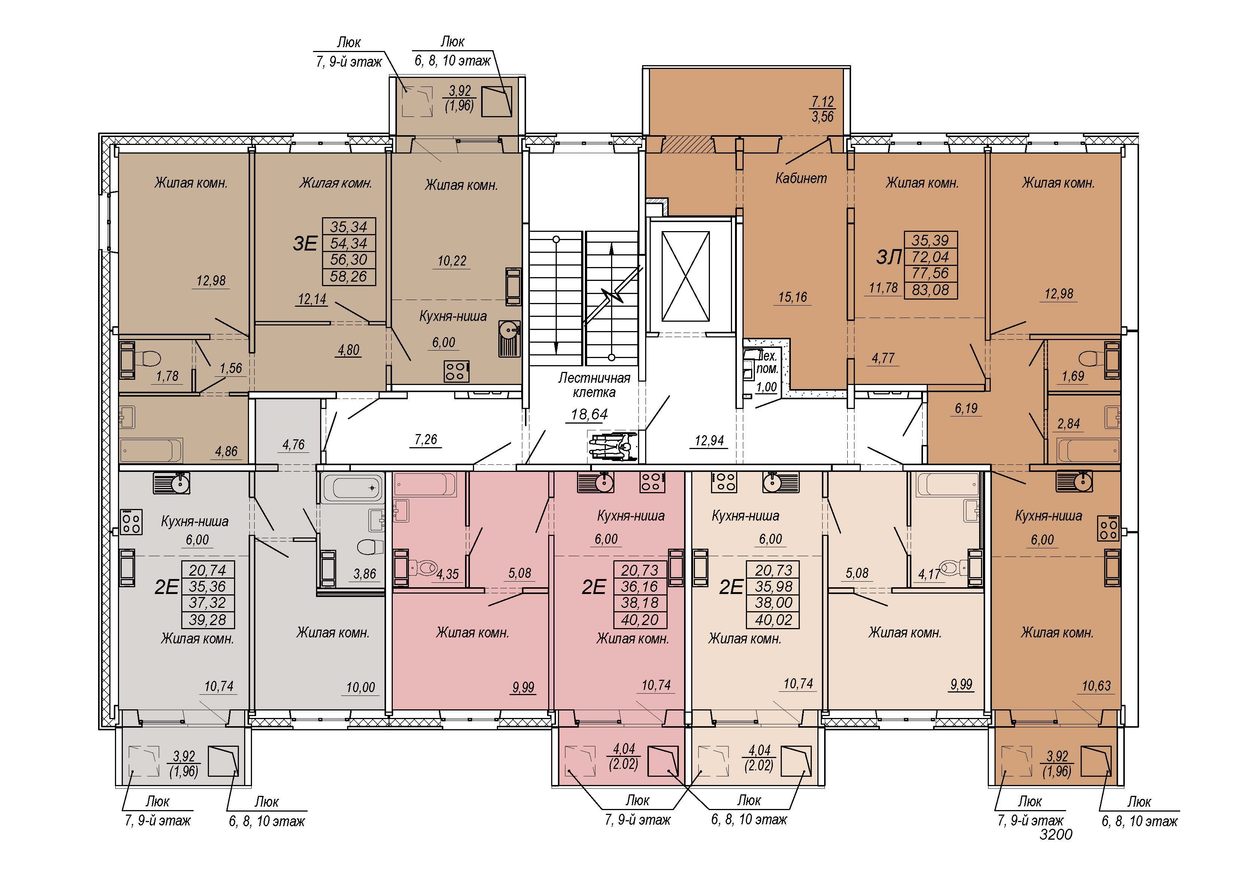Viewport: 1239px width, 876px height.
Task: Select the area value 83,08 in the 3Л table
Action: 930,290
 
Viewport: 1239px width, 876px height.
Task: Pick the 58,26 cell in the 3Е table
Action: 349,277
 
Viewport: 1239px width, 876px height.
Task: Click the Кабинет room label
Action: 801,179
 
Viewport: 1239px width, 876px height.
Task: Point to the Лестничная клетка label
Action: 594,385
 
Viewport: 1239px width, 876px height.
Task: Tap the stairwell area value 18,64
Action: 589,415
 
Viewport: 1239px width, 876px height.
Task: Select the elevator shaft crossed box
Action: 685,276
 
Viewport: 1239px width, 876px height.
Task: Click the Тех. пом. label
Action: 767,363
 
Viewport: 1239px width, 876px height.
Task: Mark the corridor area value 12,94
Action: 709,441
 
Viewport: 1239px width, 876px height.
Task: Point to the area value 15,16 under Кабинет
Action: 793,297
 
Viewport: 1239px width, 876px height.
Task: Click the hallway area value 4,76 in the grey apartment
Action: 294,445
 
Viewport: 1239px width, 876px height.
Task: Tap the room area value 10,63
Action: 1097,686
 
